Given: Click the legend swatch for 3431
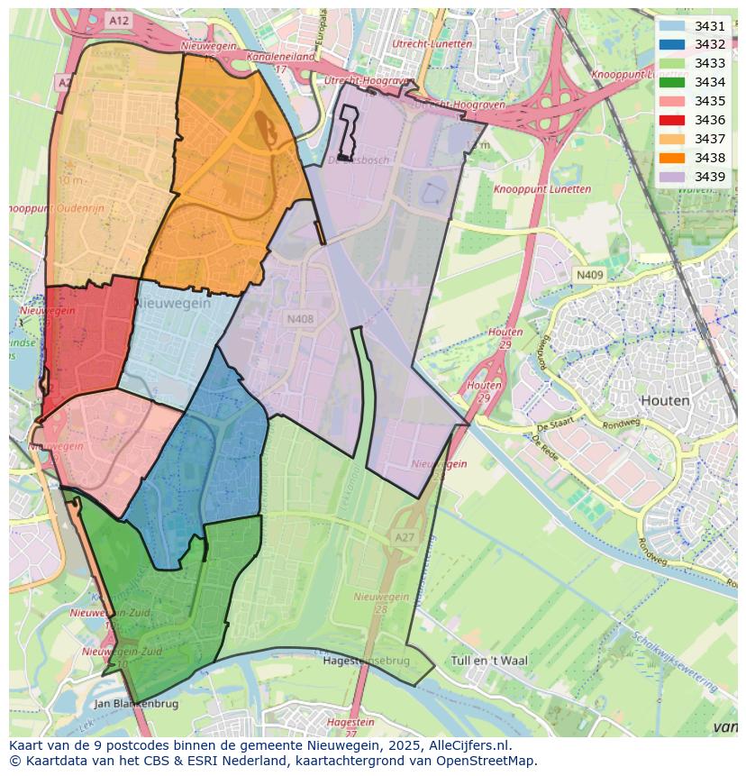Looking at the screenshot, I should click(671, 26).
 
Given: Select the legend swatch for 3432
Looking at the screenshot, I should click(671, 44).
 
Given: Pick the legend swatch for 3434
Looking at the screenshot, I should click(671, 82).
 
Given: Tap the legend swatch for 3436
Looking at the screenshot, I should click(671, 120).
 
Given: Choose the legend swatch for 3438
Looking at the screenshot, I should click(671, 158).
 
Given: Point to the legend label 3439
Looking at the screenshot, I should click(710, 177).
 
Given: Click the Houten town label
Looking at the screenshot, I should click(664, 400).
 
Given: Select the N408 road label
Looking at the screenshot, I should click(300, 318).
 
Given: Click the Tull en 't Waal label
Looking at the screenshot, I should click(487, 661).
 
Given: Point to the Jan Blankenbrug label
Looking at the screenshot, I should click(137, 704).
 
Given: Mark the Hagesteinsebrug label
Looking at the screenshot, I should click(366, 661).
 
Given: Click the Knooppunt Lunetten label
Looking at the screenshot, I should click(542, 189).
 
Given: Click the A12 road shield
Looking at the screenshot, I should click(117, 19).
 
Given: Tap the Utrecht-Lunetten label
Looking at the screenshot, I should click(432, 43).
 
